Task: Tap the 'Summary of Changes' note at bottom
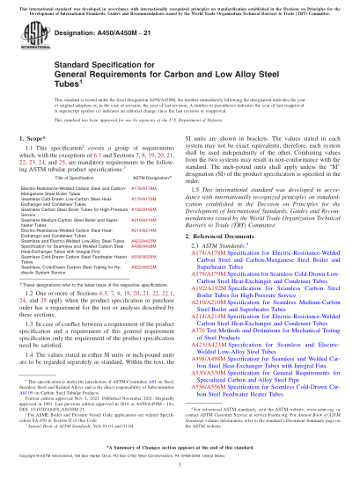click(180, 447)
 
